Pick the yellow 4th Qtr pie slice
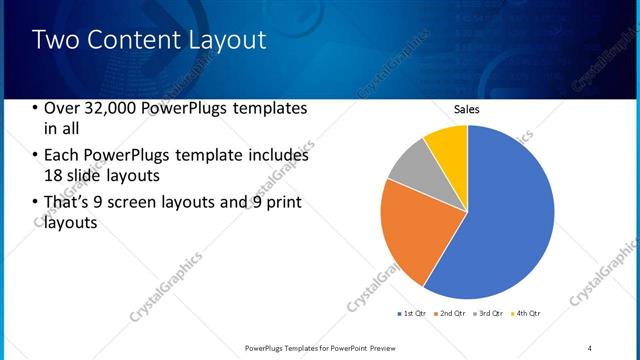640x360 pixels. (x=447, y=146)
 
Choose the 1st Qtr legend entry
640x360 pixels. (x=412, y=314)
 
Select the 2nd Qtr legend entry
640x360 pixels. (x=450, y=314)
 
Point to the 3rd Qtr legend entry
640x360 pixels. (x=488, y=314)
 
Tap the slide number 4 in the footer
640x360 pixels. (x=590, y=347)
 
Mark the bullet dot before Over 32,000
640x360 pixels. (x=36, y=109)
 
